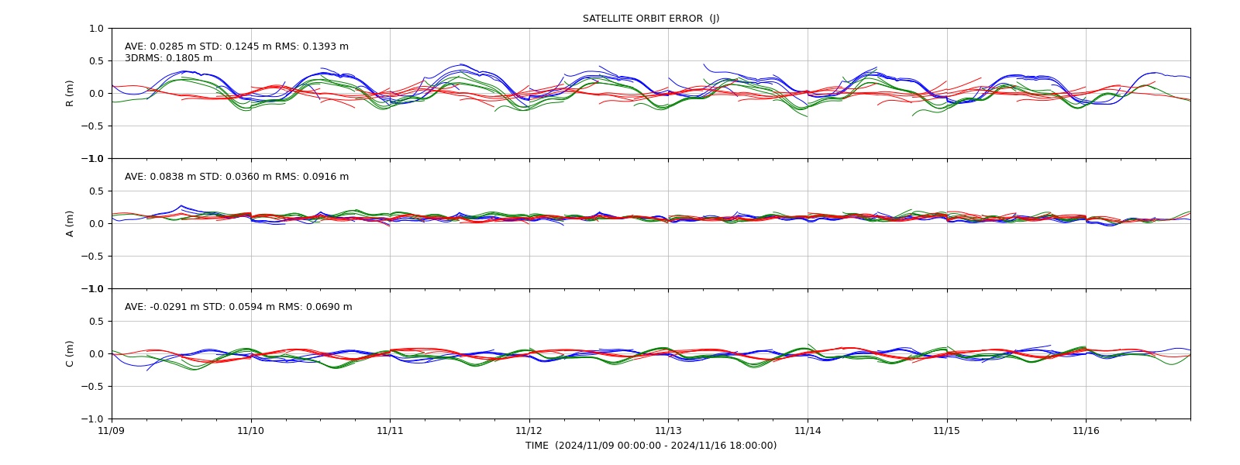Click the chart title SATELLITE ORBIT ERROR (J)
(x=651, y=19)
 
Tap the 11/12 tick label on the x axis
(x=529, y=430)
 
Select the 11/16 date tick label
(x=1086, y=430)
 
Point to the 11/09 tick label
(x=112, y=430)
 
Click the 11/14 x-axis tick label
(x=808, y=430)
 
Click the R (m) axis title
(x=70, y=94)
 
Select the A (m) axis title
(x=70, y=224)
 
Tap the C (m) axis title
(x=70, y=353)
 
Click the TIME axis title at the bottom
(x=651, y=446)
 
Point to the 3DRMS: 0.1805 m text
(x=168, y=58)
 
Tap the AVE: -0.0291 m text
(x=162, y=307)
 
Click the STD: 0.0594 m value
(x=239, y=307)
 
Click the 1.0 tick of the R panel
(x=96, y=29)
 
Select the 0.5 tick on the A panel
(x=96, y=191)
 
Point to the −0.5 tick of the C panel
(x=92, y=387)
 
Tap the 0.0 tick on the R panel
(x=96, y=94)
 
